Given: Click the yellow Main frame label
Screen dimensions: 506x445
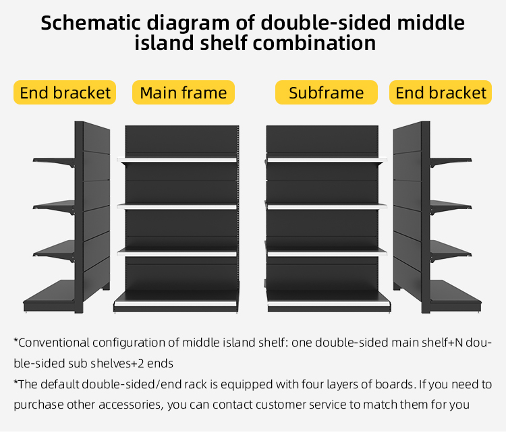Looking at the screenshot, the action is click(184, 92).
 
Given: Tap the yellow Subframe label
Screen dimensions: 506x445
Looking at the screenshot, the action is click(327, 92).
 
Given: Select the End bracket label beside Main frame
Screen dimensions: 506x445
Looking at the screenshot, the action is click(65, 92).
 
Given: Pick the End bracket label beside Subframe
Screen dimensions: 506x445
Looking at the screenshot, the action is click(441, 92).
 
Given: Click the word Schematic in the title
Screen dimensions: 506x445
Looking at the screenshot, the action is click(90, 23).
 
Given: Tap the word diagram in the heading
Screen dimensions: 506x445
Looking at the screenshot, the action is click(188, 24).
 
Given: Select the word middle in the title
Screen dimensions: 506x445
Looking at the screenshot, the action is click(430, 23).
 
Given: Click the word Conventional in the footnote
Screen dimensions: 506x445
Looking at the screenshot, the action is click(54, 343).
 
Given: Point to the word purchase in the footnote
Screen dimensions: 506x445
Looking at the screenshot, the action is click(38, 405).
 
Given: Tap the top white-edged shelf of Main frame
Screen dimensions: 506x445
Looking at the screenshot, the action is click(177, 160).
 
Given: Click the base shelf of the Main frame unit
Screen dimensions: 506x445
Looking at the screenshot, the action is click(176, 301).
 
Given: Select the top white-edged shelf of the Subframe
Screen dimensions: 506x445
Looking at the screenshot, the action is click(327, 160).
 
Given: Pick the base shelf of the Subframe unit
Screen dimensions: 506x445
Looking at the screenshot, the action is click(329, 301).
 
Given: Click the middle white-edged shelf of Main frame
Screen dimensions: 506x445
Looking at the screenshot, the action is click(177, 206).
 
